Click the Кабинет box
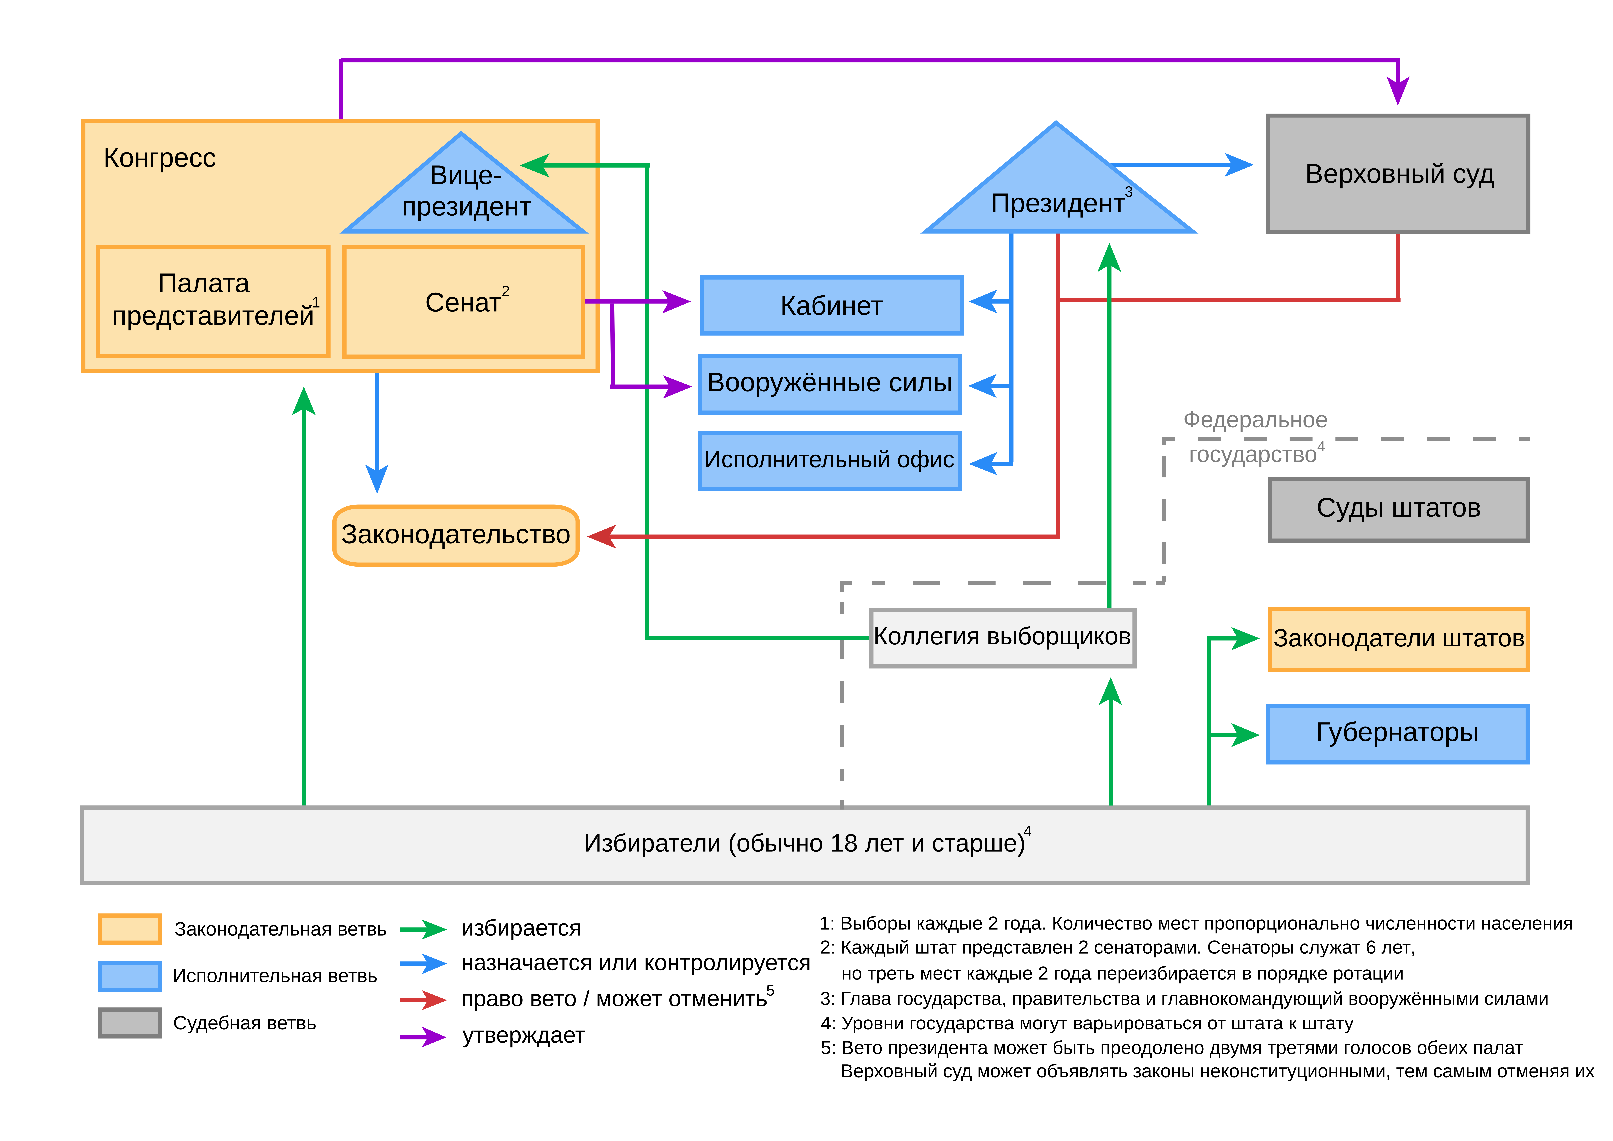pyautogui.click(x=831, y=306)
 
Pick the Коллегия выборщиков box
pyautogui.click(x=1002, y=637)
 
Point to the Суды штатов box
pyautogui.click(x=1398, y=509)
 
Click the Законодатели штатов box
pyautogui.click(x=1398, y=639)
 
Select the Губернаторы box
pyautogui.click(x=1397, y=733)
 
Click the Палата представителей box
pyautogui.click(x=213, y=301)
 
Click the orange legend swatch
pyautogui.click(x=130, y=929)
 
